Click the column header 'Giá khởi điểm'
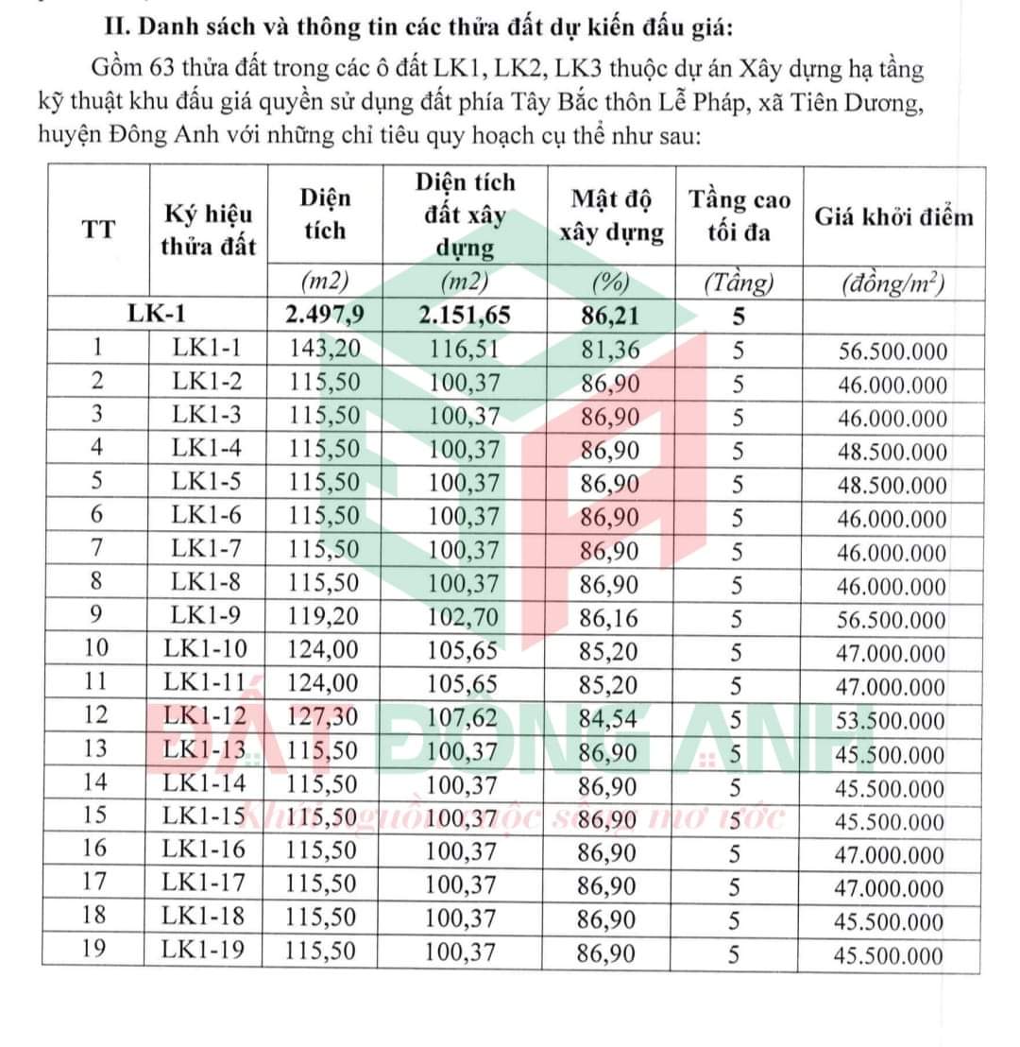[893, 217]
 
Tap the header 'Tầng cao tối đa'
[739, 215]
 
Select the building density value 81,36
[610, 350]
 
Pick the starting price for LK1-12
[892, 721]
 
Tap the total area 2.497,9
[323, 315]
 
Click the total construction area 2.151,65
[464, 315]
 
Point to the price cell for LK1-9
[892, 620]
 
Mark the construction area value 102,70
[462, 620]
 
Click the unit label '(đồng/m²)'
[893, 283]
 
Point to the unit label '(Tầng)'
[739, 282]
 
